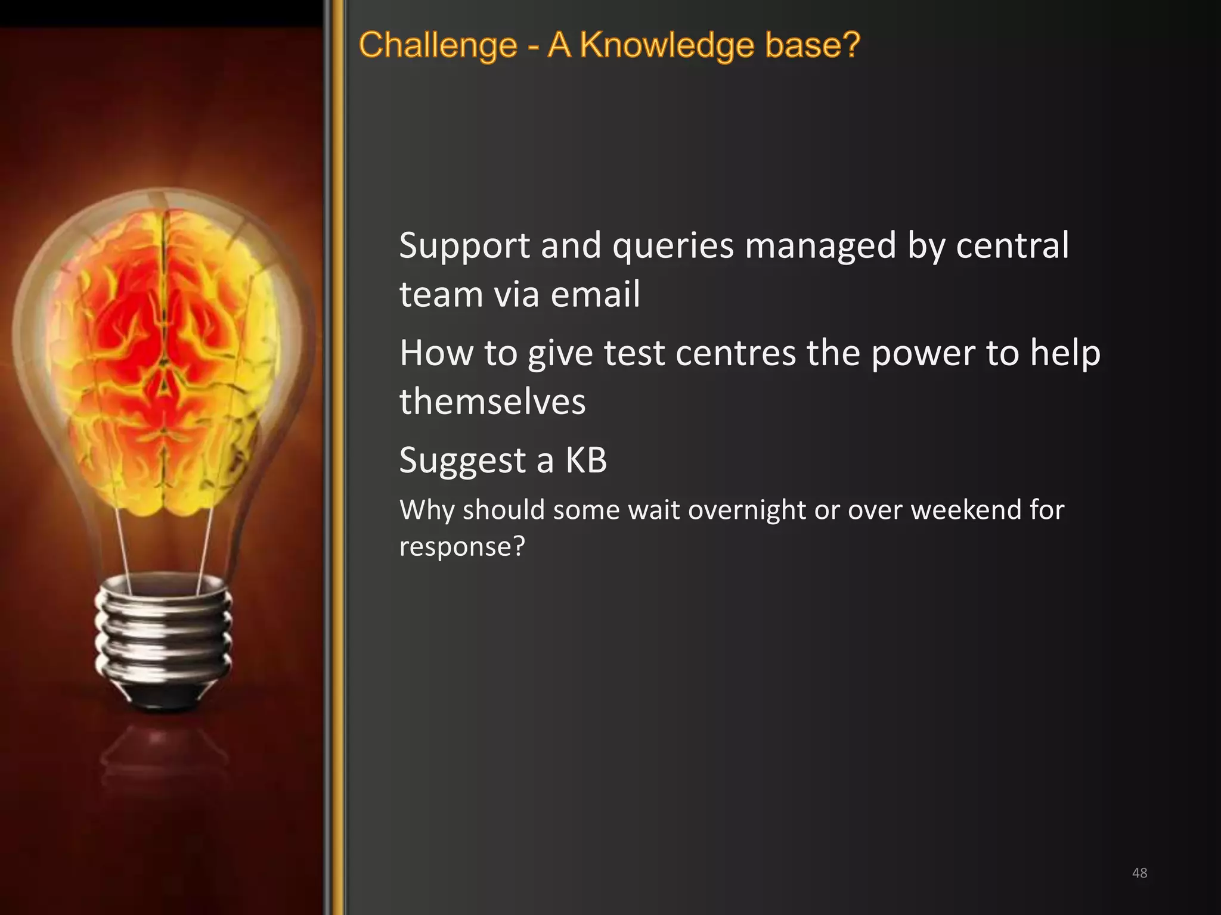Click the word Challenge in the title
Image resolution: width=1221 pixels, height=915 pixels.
(438, 45)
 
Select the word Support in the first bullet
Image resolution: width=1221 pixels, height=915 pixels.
(464, 246)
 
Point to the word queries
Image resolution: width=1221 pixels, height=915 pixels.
(673, 246)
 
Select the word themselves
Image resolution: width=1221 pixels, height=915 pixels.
(492, 402)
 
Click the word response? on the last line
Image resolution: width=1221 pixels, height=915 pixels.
(462, 547)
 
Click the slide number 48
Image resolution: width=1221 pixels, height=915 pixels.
(1139, 873)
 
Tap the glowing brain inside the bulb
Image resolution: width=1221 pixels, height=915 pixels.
(164, 357)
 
